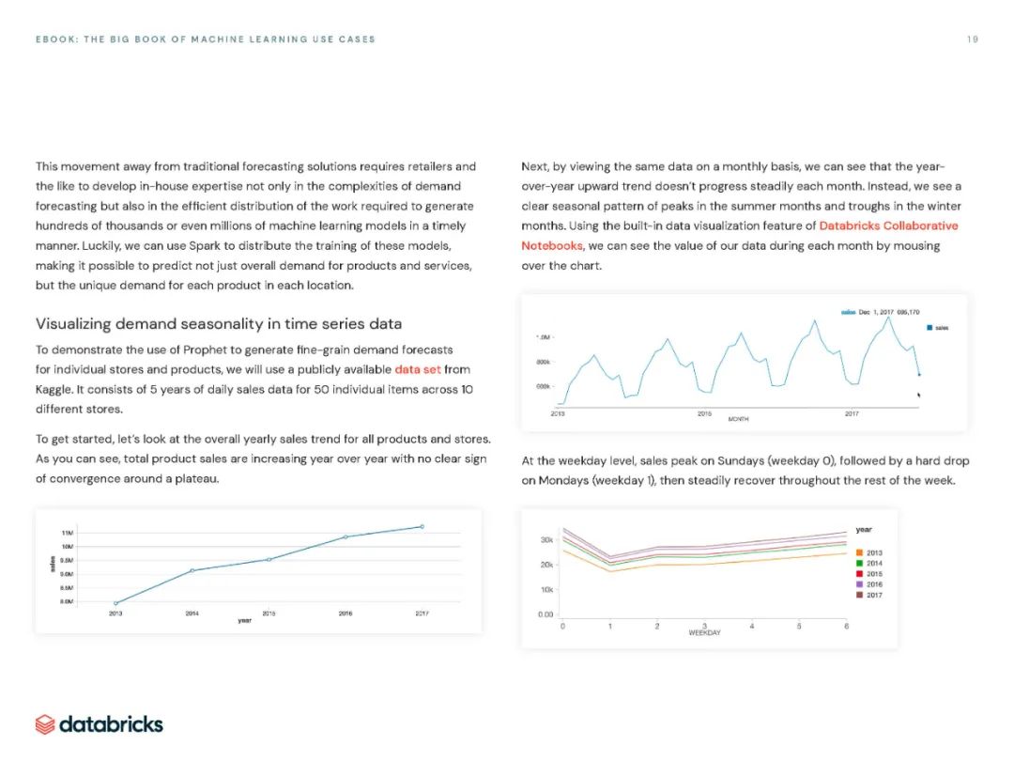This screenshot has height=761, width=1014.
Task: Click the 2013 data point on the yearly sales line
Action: pos(115,603)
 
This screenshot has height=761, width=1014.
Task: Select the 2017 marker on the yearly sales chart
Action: pos(422,526)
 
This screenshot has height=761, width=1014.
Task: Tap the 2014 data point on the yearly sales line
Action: pos(192,570)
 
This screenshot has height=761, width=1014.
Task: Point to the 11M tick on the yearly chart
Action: pos(68,533)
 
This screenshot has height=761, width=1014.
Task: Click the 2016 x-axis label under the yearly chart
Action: pos(346,613)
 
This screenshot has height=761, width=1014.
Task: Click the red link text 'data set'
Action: pos(418,369)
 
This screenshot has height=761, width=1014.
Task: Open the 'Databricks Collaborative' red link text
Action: pos(888,226)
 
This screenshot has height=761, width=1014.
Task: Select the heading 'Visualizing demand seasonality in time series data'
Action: pos(219,324)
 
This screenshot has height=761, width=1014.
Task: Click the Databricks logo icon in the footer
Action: pos(45,724)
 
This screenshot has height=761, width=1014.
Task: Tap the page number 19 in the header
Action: pos(972,39)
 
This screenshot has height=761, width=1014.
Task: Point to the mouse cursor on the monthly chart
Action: pos(919,394)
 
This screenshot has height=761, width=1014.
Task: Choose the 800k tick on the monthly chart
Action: pos(543,362)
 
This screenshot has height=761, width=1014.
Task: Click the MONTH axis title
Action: pos(738,420)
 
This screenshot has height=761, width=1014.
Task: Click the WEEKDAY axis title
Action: pos(704,633)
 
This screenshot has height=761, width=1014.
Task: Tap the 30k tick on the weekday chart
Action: pos(545,539)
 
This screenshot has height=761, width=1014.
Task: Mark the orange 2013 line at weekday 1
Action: pos(610,571)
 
